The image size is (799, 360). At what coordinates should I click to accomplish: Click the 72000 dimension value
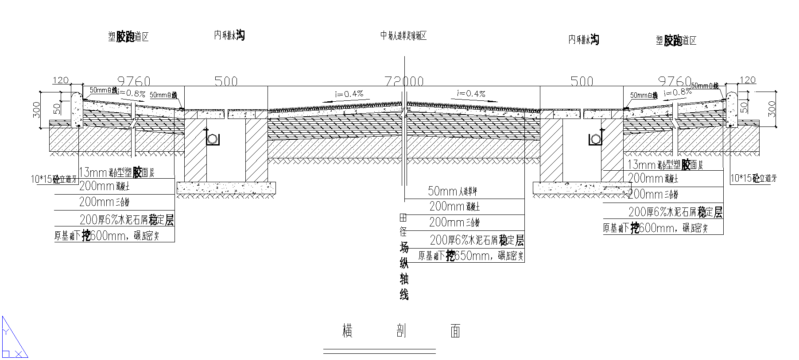coord(403,81)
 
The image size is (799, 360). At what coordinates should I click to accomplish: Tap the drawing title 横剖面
coord(401,331)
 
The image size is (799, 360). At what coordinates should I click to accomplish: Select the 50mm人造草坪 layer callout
coord(452,191)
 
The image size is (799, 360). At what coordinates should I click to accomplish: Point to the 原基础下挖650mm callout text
coord(470,256)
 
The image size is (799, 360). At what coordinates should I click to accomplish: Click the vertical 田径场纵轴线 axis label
coord(403,257)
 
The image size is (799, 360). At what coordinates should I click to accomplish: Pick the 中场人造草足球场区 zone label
coord(403,36)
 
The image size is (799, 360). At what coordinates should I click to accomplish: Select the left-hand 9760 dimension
coord(133,81)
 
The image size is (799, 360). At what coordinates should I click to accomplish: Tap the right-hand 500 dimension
coord(581,81)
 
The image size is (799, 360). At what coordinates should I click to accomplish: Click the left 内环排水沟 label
coord(229,35)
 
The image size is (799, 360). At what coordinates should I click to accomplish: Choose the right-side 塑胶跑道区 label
coord(676,41)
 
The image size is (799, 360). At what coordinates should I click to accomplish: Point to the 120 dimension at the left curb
coord(61,80)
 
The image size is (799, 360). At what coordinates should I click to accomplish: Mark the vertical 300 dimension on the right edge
coord(772,109)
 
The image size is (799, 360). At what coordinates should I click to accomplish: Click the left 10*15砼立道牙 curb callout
coord(53,179)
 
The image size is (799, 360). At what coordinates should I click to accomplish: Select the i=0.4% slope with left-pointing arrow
coord(349,94)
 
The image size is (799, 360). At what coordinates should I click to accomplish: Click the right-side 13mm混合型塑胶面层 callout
coord(665,165)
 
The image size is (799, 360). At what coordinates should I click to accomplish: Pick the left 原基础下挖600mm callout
coord(106,235)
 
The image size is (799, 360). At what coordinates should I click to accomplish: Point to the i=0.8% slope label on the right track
coord(678,92)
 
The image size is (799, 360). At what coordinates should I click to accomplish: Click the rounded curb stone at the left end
coord(77,108)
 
